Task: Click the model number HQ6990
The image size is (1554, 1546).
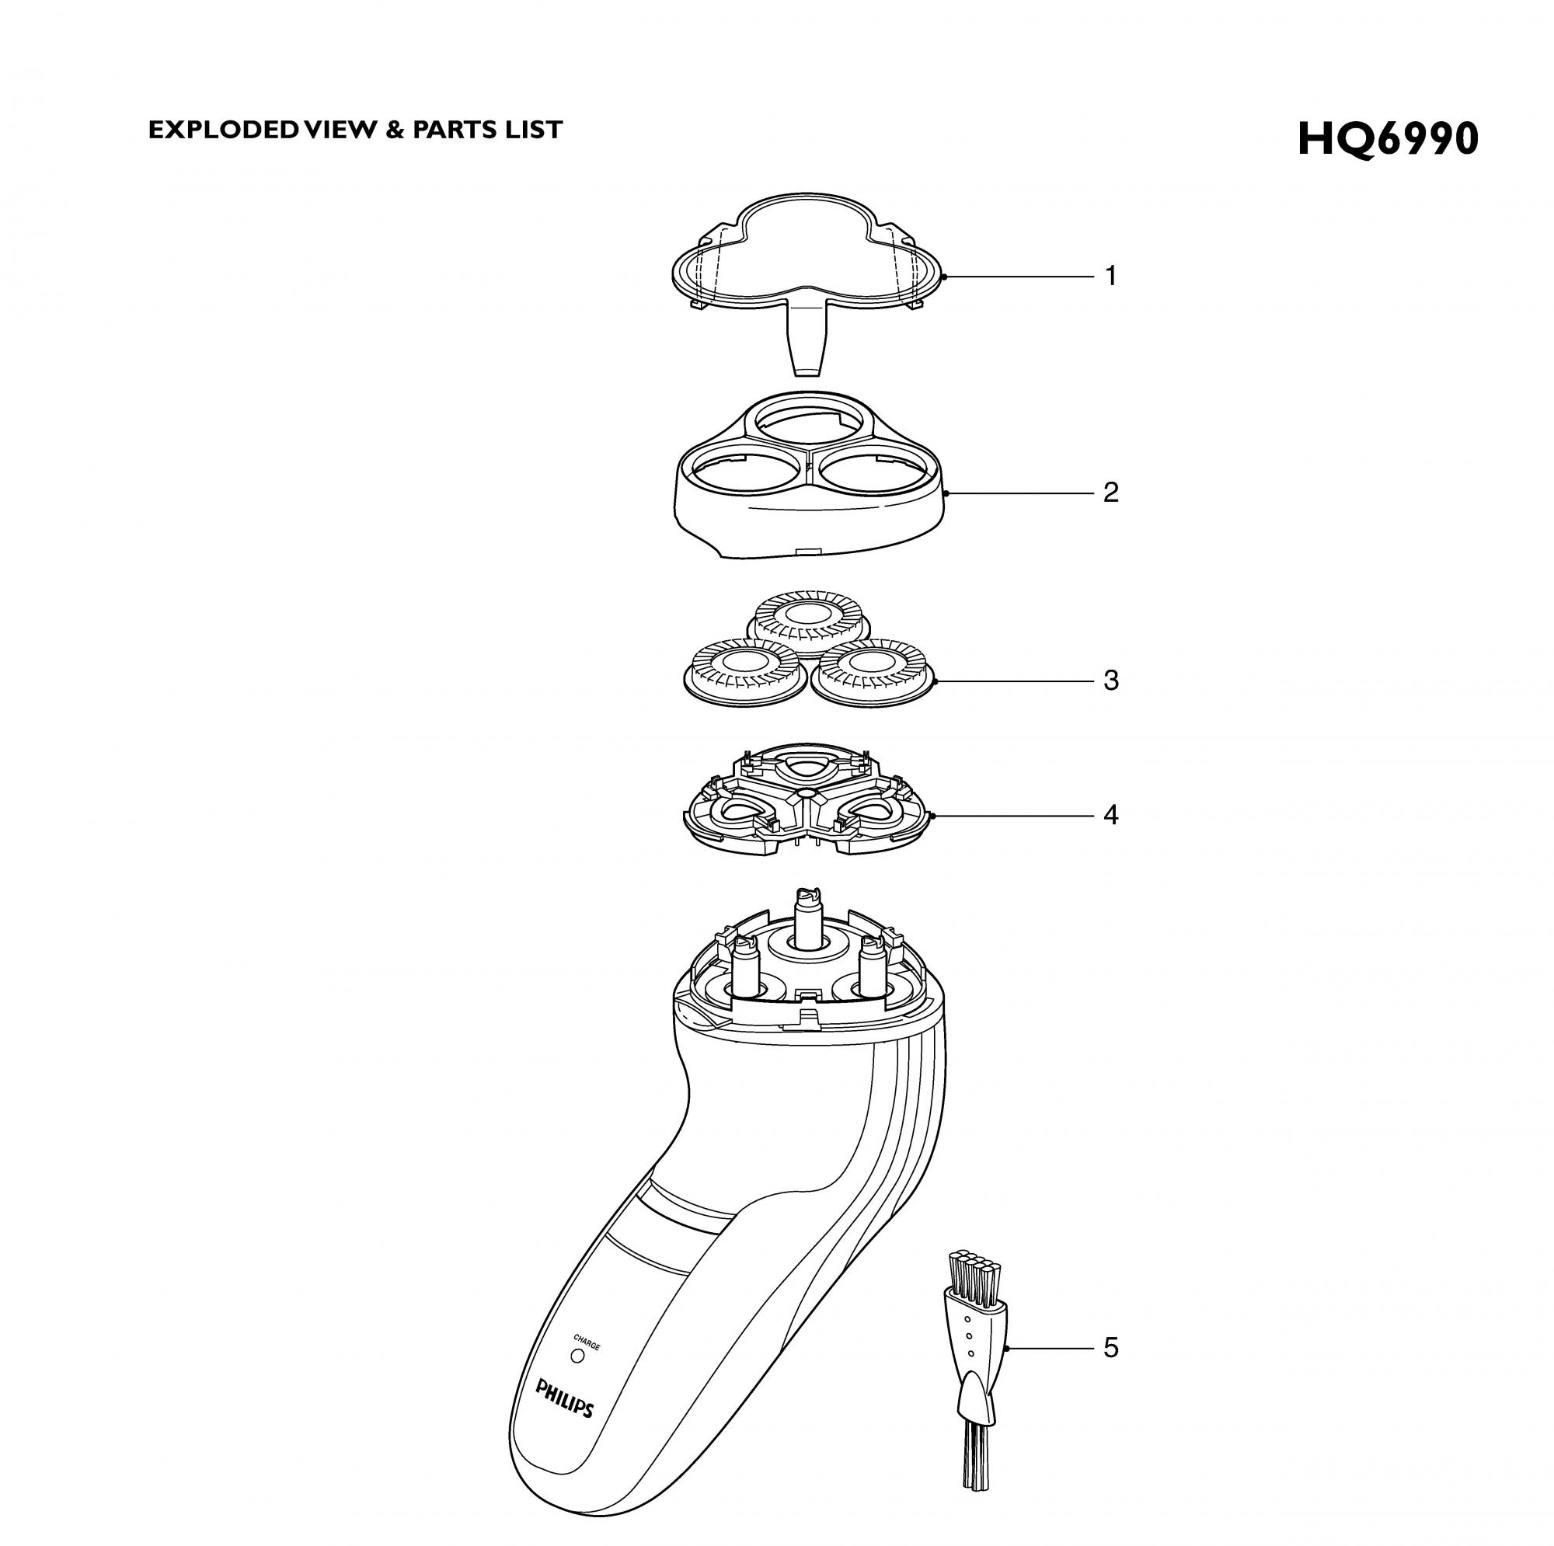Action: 1388,139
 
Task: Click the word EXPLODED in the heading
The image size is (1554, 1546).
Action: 223,130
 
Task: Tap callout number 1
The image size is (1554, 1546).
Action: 1111,276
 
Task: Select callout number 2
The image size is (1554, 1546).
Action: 1111,492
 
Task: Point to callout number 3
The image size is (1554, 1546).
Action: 1111,681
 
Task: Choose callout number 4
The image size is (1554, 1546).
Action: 1111,815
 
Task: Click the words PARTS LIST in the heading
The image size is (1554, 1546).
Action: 487,130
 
